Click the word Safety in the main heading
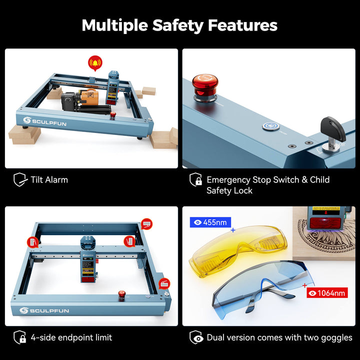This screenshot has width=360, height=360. tap(178, 25)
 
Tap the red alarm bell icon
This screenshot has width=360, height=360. tap(95, 63)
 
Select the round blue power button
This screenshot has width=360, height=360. tap(270, 126)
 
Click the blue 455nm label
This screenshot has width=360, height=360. tap(210, 222)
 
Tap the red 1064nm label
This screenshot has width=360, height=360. tap(327, 292)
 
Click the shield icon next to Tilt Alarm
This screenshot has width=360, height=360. tap(20, 179)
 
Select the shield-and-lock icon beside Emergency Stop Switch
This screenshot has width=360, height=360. tap(195, 179)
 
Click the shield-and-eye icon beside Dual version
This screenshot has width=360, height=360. tap(196, 337)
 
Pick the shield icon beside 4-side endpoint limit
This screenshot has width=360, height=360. tap(19, 337)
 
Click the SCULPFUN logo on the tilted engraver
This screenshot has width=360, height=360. tap(45, 121)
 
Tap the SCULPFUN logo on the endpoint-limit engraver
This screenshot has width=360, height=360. tap(44, 310)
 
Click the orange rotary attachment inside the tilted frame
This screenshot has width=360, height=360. tap(88, 96)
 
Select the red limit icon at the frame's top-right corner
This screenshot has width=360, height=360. tap(146, 224)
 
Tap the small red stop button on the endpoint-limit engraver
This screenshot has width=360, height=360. tap(121, 294)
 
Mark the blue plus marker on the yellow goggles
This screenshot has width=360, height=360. tap(233, 230)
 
